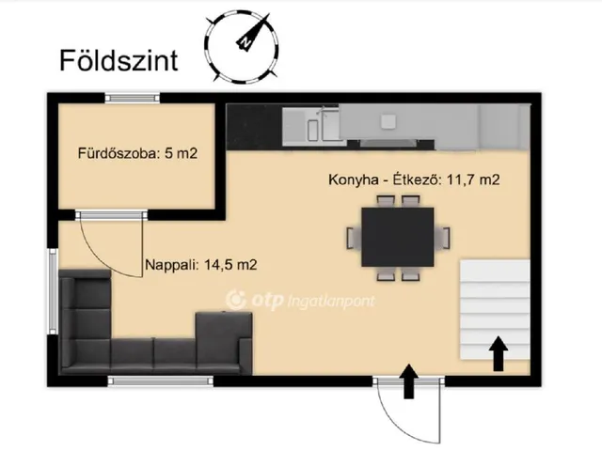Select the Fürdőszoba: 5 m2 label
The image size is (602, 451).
(137, 153)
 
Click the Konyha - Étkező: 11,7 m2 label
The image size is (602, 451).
(415, 179)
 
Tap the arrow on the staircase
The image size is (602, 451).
(499, 354)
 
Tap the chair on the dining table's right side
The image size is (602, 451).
(445, 237)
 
